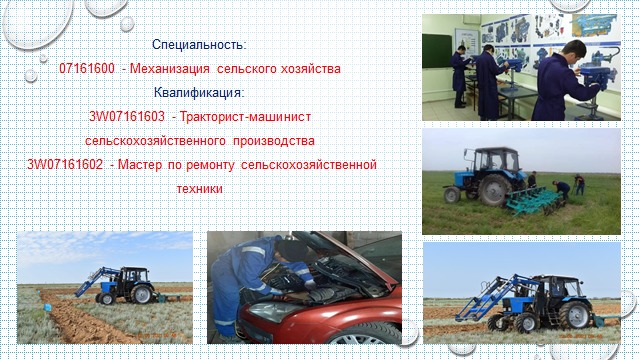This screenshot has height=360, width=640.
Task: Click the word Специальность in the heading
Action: click(x=198, y=44)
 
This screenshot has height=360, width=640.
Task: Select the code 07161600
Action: click(x=87, y=69)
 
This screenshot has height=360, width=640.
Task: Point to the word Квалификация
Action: click(x=198, y=93)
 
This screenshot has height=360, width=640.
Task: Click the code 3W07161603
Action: click(x=127, y=117)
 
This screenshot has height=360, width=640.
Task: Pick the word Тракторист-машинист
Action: click(x=245, y=117)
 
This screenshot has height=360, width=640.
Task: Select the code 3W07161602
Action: click(x=65, y=165)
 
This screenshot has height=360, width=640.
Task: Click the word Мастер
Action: click(x=140, y=165)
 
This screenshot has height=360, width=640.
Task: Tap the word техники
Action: click(x=200, y=189)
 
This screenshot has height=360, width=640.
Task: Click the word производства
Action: click(x=273, y=141)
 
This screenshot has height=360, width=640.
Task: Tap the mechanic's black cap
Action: click(x=290, y=249)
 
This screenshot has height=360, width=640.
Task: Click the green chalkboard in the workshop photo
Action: click(x=437, y=51)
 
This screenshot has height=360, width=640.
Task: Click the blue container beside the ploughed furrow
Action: click(x=48, y=307)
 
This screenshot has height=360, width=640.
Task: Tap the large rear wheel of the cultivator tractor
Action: click(x=495, y=190)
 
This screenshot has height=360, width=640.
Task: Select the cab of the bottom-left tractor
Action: click(x=135, y=278)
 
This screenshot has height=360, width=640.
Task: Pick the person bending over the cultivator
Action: click(x=563, y=189)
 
